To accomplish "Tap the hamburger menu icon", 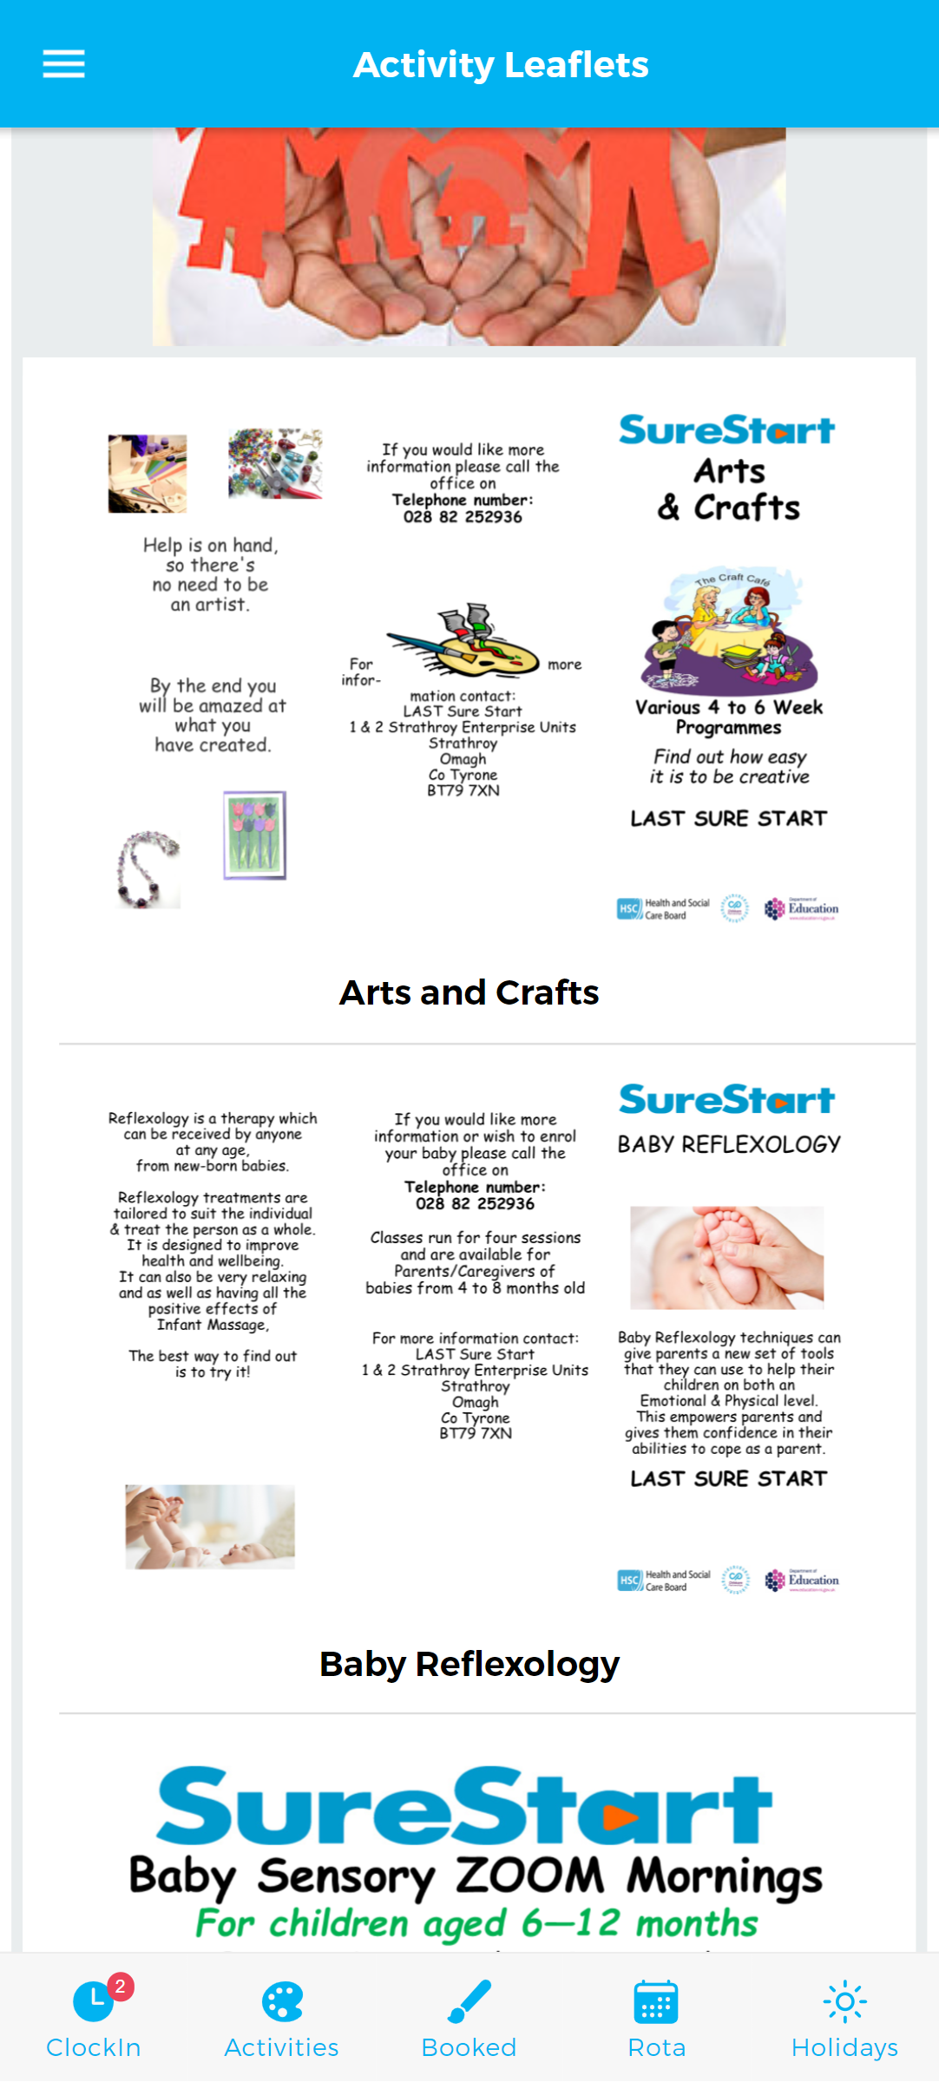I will pos(63,64).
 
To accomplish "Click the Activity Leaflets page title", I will pos(501,65).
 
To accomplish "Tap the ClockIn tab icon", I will pos(93,2002).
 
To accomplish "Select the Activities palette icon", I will pos(282,2002).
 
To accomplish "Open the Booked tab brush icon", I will pos(469,2002).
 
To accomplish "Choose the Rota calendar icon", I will pos(656,2002).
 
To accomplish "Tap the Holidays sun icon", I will pos(844,2002).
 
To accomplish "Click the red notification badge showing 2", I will pos(121,1986).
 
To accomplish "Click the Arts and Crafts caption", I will pos(469,992).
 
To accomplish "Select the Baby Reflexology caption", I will pos(469,1664).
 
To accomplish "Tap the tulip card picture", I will pos(254,835).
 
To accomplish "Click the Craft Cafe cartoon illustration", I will pos(729,632).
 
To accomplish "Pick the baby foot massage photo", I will pos(726,1257).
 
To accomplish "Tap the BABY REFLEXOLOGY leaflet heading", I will pos(729,1144).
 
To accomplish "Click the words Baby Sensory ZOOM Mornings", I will pos(475,1876).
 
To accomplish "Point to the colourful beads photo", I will pos(275,463).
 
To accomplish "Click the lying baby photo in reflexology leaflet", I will pos(210,1527).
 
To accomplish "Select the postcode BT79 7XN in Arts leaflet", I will pos(463,790).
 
